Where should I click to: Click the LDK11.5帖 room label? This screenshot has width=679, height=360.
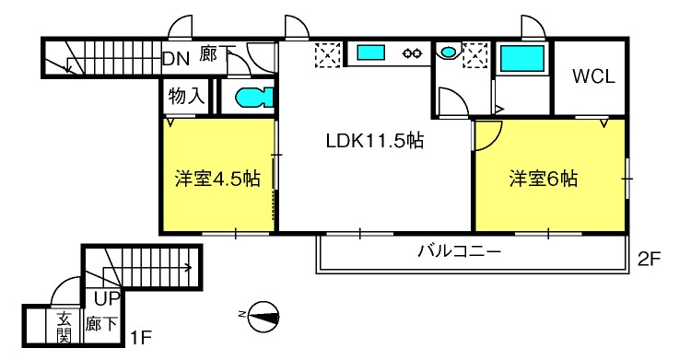click(374, 142)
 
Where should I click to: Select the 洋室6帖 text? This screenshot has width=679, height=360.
click(544, 179)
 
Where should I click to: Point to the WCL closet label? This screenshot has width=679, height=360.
click(594, 76)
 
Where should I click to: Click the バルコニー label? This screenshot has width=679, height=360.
click(458, 250)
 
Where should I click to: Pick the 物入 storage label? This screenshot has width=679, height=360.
click(185, 96)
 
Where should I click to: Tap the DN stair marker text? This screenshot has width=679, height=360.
click(175, 57)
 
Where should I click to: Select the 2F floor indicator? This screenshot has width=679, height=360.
click(650, 259)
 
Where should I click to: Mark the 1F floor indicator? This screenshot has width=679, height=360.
click(140, 338)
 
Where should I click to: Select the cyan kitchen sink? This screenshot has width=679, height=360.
click(374, 53)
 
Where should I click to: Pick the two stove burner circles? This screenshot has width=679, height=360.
click(412, 53)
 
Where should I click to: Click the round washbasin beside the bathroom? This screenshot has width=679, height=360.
click(448, 52)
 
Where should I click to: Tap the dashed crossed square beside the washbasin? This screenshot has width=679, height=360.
click(475, 56)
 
